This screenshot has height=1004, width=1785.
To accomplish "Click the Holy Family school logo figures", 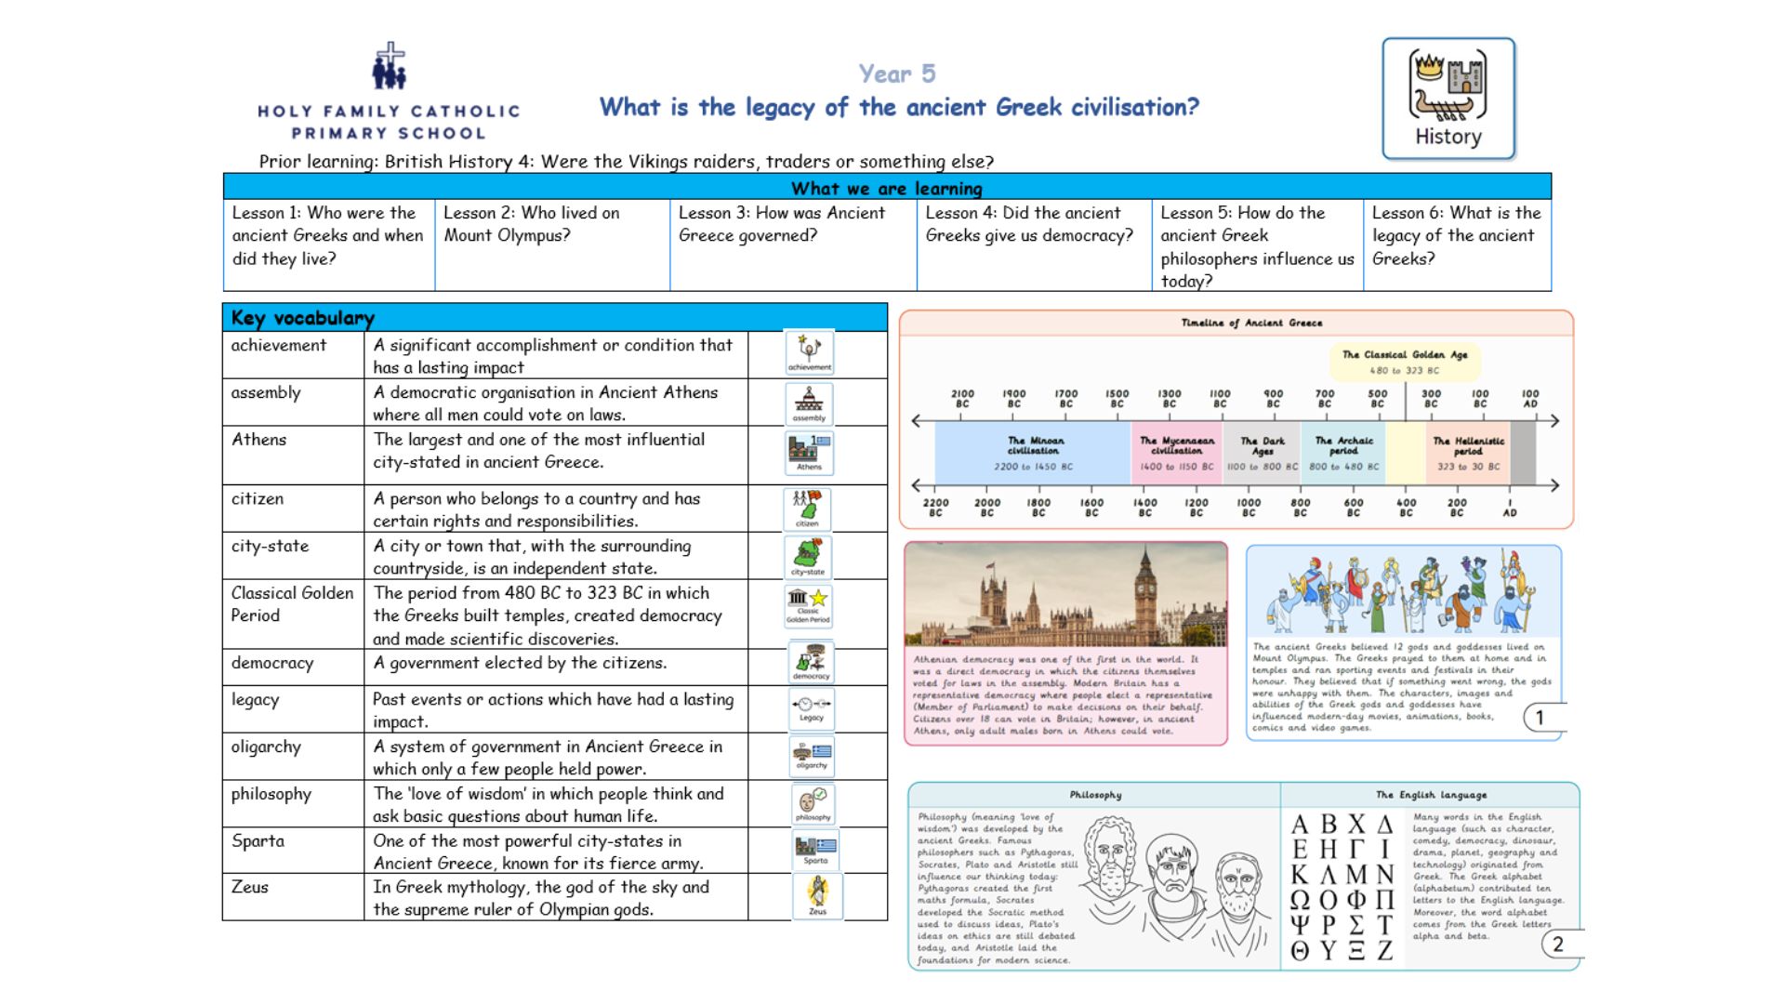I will (x=389, y=67).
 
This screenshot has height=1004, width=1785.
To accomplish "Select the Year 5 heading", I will (x=897, y=73).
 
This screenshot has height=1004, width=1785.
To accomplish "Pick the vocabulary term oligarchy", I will (x=266, y=746).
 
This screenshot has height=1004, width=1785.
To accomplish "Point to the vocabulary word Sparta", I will (x=258, y=840).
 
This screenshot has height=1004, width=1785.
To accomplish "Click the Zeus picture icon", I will (x=817, y=894).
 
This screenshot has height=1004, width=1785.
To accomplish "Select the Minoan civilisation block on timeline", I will (x=1034, y=453).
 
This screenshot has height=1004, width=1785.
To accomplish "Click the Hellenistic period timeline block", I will (x=1468, y=453).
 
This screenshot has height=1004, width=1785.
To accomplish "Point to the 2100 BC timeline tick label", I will (x=962, y=398).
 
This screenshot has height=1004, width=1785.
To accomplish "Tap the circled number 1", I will (x=1540, y=717).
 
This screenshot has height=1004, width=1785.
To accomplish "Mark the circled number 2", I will (x=1558, y=945).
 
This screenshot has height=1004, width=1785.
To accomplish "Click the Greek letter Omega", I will (x=1300, y=900).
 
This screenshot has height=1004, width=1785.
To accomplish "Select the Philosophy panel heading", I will (x=1095, y=795).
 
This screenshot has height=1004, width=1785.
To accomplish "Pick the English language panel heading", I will (x=1431, y=795).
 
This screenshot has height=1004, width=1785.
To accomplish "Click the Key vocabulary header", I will (x=303, y=318).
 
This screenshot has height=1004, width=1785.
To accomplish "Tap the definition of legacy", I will (x=553, y=709).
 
